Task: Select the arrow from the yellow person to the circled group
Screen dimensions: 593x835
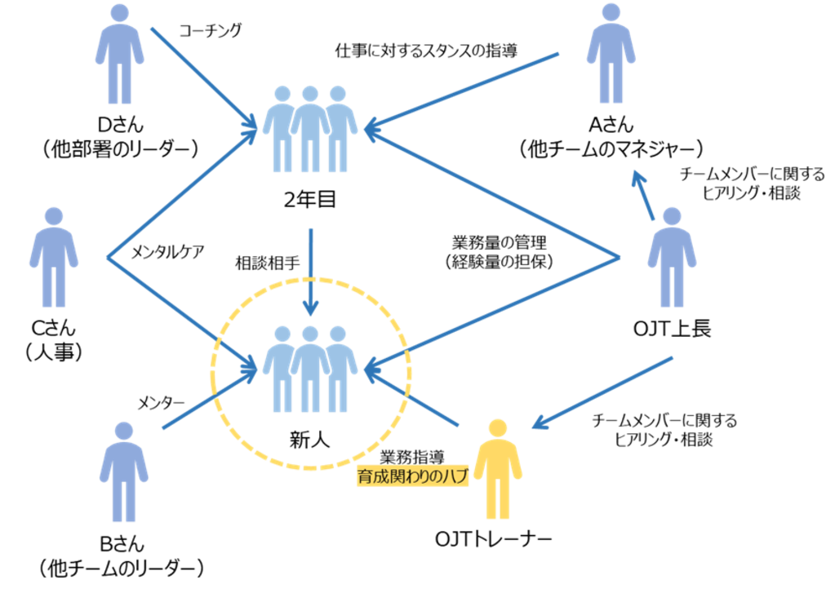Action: pos(416,400)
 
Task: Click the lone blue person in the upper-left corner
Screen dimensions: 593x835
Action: pos(119,54)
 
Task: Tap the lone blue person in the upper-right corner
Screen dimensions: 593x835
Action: pos(611,54)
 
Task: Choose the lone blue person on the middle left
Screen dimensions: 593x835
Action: pos(54,257)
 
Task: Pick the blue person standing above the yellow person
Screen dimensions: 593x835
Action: pos(671,257)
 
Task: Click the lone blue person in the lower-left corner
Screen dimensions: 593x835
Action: pos(123,471)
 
